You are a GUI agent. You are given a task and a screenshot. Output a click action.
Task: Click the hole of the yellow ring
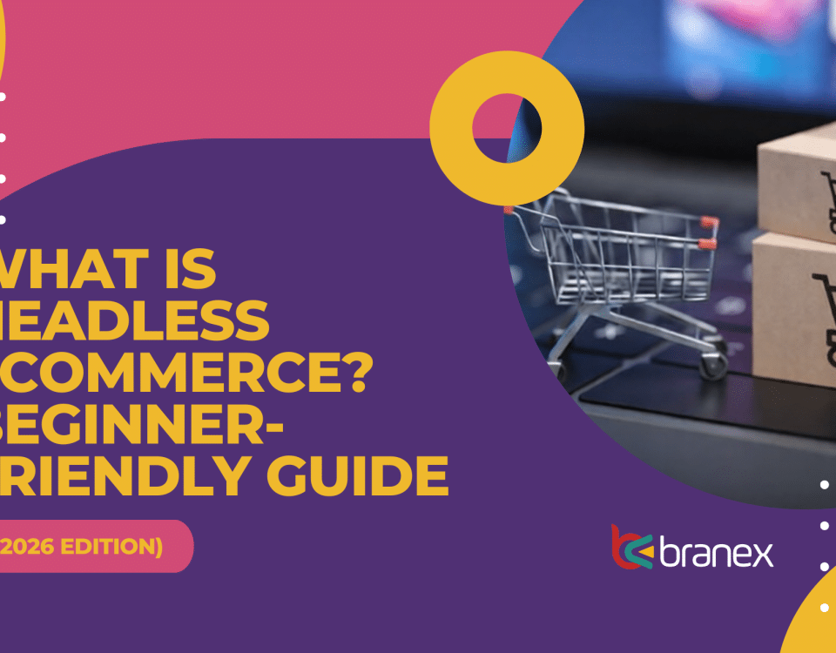(x=507, y=129)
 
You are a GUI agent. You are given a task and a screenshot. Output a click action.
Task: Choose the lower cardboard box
(x=792, y=305)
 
